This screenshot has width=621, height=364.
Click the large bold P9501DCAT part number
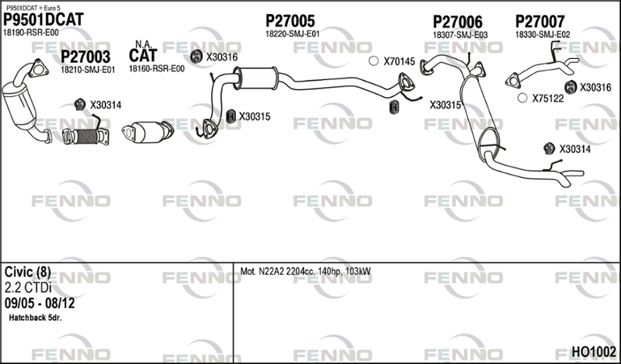pyautogui.click(x=43, y=19)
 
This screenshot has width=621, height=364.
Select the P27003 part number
pyautogui.click(x=85, y=57)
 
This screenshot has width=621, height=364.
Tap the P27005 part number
pyautogui.click(x=290, y=21)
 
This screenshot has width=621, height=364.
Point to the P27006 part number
pyautogui.click(x=457, y=22)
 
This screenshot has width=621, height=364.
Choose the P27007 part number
pyautogui.click(x=539, y=22)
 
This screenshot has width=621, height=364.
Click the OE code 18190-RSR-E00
pyautogui.click(x=31, y=33)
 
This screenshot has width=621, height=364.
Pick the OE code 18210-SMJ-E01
pyautogui.click(x=88, y=69)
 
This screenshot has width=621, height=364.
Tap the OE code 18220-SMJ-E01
pyautogui.click(x=293, y=34)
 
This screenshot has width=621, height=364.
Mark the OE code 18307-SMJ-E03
pyautogui.click(x=460, y=35)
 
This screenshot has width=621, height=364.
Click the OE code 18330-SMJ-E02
pyautogui.click(x=543, y=35)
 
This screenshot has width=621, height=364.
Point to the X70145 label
pyautogui.click(x=399, y=61)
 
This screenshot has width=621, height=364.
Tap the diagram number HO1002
pyautogui.click(x=594, y=352)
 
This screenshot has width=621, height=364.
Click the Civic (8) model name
pyautogui.click(x=28, y=272)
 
